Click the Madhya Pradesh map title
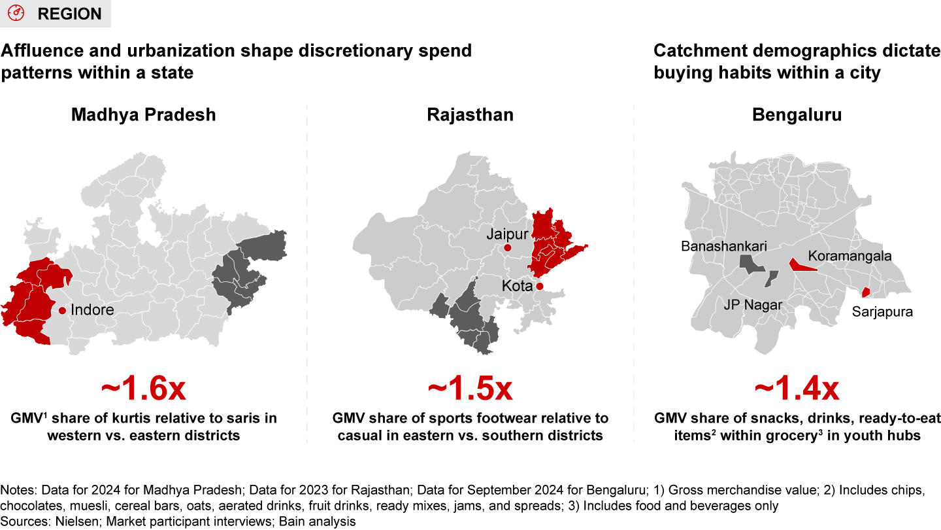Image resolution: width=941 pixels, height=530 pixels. [x=144, y=115]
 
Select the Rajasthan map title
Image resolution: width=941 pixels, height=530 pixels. [x=470, y=115]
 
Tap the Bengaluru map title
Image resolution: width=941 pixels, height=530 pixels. [x=797, y=115]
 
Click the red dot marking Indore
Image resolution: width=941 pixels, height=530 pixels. [x=62, y=310]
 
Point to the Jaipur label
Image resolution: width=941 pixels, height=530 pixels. [x=507, y=234]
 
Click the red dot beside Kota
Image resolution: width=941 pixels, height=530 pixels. [x=539, y=286]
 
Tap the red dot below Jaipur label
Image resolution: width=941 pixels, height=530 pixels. [x=507, y=248]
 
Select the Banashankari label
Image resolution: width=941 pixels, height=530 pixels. [x=724, y=247]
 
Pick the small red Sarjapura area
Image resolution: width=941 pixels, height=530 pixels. [x=866, y=292]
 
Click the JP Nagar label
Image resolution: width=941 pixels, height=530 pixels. [x=751, y=304]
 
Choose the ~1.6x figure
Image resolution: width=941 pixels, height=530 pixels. [x=144, y=389]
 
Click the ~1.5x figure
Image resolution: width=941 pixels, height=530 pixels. [x=470, y=389]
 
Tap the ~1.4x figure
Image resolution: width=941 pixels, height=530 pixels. [x=797, y=389]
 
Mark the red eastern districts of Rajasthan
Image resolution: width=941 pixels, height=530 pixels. [x=549, y=245]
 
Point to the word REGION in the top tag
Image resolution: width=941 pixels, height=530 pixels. [x=69, y=14]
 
